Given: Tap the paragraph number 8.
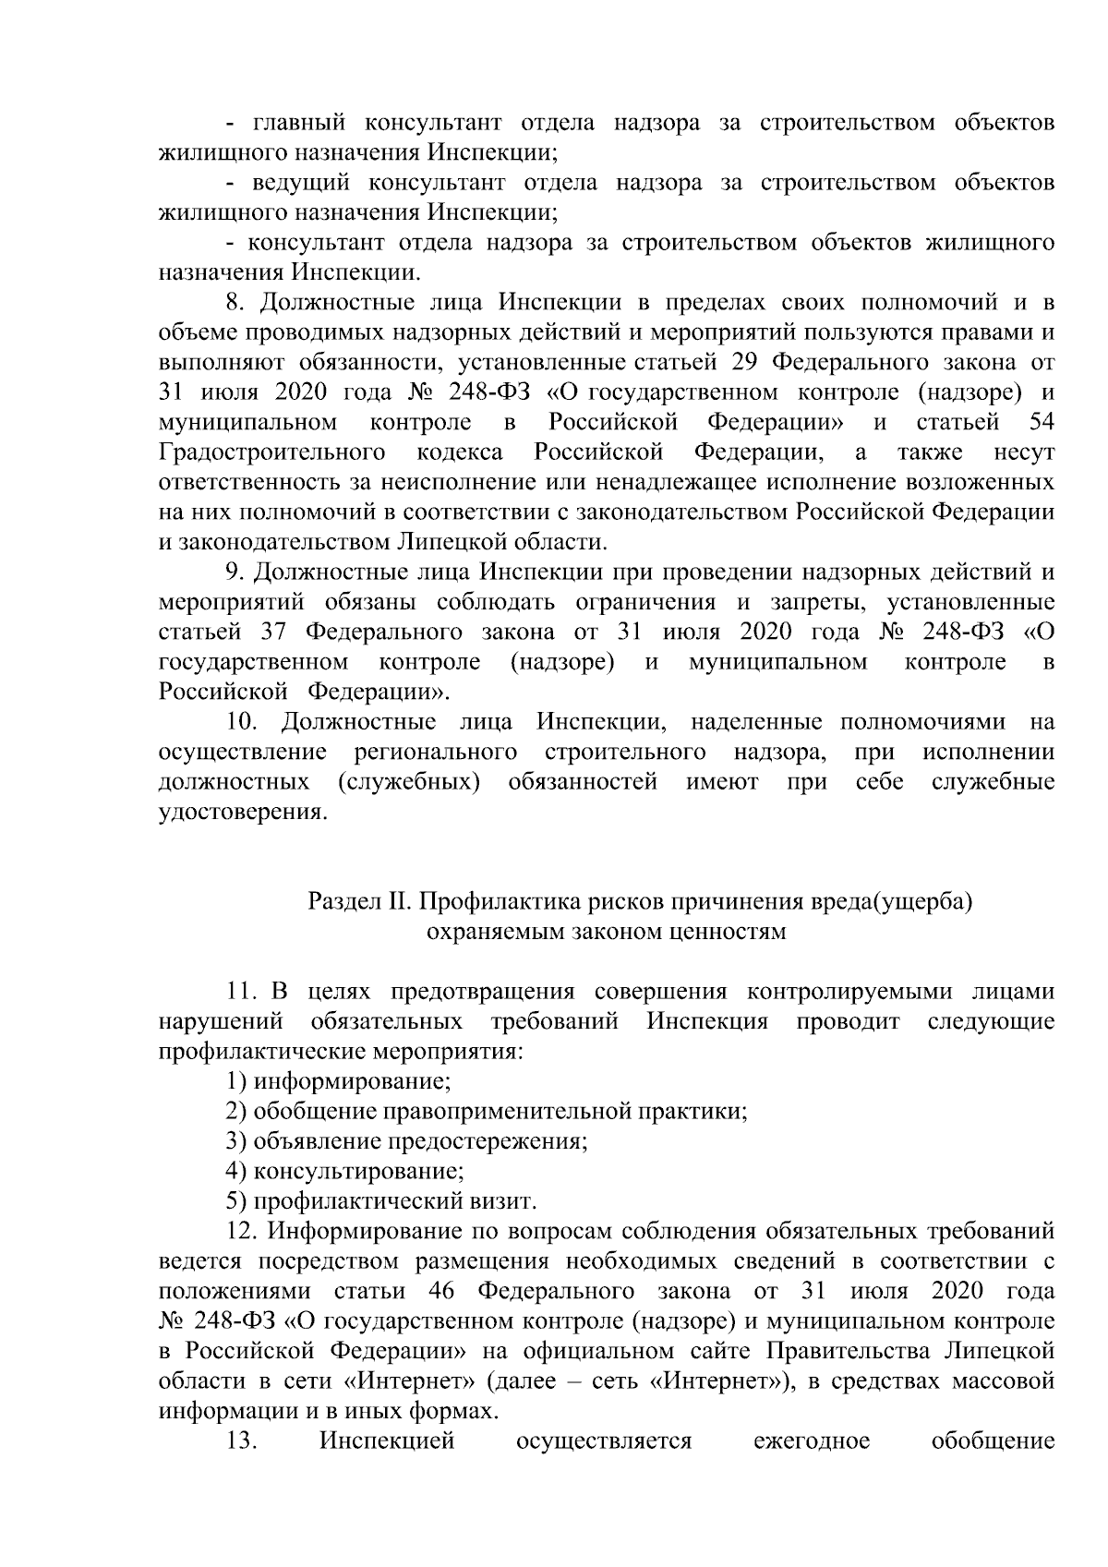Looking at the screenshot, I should [x=235, y=303].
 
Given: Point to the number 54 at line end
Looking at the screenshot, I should [x=1042, y=422].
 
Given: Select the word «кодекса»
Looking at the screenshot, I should [x=459, y=452].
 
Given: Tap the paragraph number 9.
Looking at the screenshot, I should [x=235, y=573].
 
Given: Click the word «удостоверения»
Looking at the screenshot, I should [x=243, y=812].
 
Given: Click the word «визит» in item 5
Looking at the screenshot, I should [x=507, y=1201].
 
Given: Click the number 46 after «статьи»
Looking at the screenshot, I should [x=446, y=1291].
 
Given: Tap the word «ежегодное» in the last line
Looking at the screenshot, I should [x=812, y=1441].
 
